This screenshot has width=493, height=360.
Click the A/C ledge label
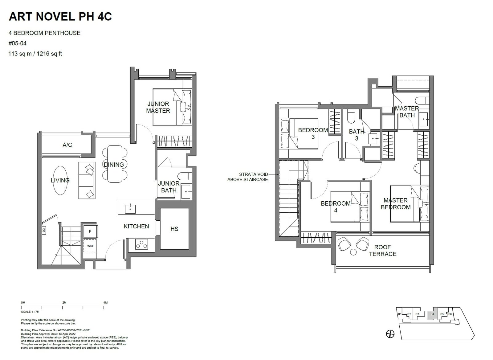pyautogui.click(x=67, y=145)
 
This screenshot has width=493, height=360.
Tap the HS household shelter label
pyautogui.click(x=174, y=229)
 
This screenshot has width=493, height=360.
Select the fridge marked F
pyautogui.click(x=90, y=231)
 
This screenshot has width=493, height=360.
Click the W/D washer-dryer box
pyautogui.click(x=90, y=246)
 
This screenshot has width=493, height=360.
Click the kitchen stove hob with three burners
pyautogui.click(x=141, y=244)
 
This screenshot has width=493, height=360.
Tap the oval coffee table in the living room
pyautogui.click(x=60, y=180)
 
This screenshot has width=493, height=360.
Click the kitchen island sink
pyautogui.click(x=130, y=209)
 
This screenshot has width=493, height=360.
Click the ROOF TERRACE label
pyautogui.click(x=383, y=251)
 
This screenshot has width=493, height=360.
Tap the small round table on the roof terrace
pyautogui.click(x=353, y=252)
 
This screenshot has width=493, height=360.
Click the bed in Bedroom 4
pyautogui.click(x=350, y=207)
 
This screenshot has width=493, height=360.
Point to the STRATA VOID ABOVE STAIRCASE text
pyautogui.click(x=247, y=177)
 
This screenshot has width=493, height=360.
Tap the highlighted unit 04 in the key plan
pyautogui.click(x=432, y=314)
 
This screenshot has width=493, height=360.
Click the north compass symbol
pyautogui.click(x=390, y=334)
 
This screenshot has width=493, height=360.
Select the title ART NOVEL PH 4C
pyautogui.click(x=60, y=17)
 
